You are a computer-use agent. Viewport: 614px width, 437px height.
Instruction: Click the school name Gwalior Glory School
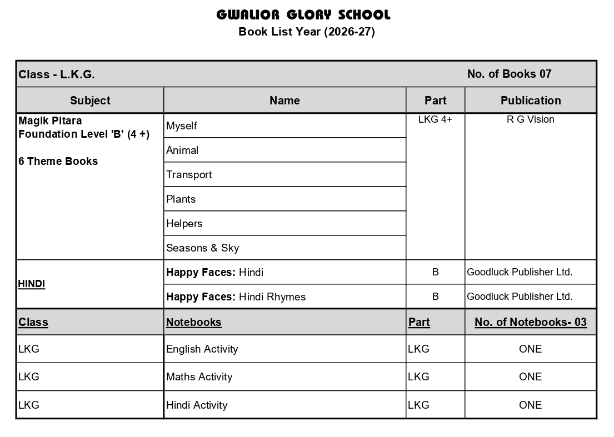tap(303, 14)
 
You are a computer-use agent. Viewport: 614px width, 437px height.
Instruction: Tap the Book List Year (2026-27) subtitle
tap(307, 32)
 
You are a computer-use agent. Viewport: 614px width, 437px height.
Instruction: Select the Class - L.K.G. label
tap(57, 74)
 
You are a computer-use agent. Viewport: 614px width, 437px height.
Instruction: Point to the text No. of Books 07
tap(509, 74)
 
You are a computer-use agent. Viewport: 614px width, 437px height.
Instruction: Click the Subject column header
tap(90, 101)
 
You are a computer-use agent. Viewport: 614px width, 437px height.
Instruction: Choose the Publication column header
tap(531, 101)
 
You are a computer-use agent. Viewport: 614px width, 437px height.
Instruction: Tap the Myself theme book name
tap(182, 126)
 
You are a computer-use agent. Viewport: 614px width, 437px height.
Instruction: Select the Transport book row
tap(189, 175)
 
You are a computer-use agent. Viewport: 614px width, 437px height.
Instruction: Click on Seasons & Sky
tap(202, 248)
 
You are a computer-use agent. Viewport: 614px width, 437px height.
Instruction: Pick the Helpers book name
tap(184, 224)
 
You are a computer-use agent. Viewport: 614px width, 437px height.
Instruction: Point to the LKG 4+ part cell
tap(435, 119)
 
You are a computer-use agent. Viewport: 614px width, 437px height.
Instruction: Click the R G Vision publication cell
tap(530, 119)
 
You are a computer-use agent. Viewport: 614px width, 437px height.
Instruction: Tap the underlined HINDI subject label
tap(32, 284)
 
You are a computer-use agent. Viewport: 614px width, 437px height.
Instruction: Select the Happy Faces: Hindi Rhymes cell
tap(236, 297)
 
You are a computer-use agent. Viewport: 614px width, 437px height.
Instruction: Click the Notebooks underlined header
tap(193, 323)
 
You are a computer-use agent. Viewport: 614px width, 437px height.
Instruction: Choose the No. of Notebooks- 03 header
tap(530, 323)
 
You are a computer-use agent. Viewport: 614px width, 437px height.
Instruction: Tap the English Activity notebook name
tap(202, 349)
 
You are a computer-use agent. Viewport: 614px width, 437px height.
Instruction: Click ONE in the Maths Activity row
tap(530, 377)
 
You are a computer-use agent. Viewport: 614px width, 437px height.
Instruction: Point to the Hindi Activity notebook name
tap(197, 405)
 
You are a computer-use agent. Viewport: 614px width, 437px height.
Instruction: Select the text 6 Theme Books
tap(58, 162)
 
